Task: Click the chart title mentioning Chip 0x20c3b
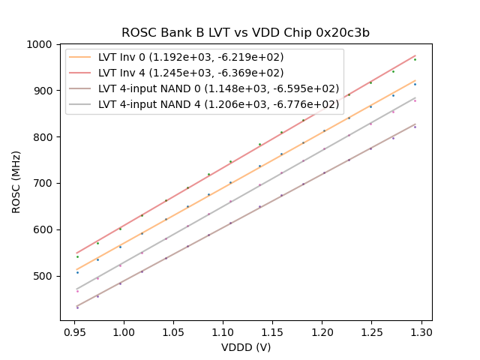[245, 33]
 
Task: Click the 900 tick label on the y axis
[45, 91]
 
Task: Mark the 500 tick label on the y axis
[45, 276]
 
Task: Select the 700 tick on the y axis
[45, 184]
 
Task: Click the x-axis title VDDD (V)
[246, 347]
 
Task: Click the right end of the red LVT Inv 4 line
[415, 55]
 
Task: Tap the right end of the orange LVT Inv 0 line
[415, 80]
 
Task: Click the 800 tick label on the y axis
[45, 137]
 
